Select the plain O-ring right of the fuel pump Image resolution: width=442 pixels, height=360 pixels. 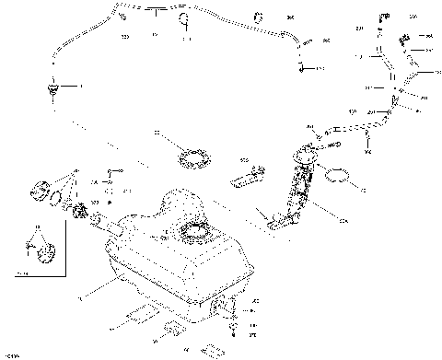[x=339, y=174]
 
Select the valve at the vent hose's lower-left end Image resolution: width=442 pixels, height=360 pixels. [x=52, y=87]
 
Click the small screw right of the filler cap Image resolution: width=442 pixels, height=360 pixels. [x=110, y=172]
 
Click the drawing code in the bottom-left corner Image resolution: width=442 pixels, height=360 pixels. [x=11, y=354]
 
